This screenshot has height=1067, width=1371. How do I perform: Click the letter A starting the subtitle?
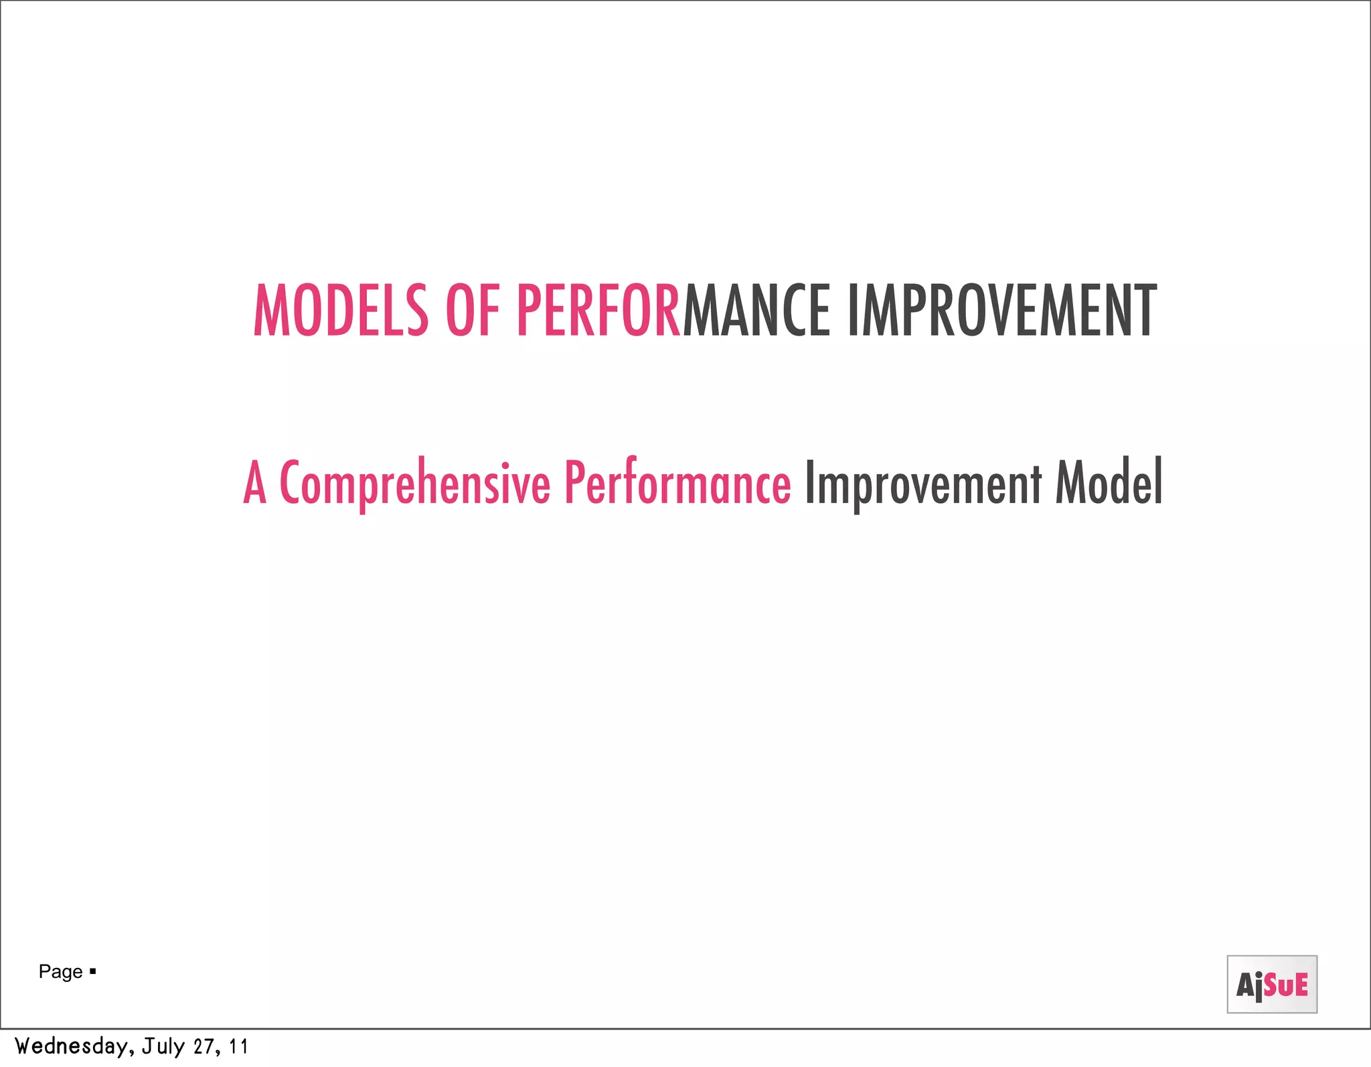(255, 482)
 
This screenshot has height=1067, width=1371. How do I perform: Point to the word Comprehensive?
(414, 484)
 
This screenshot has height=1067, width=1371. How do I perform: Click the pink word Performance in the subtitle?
(677, 482)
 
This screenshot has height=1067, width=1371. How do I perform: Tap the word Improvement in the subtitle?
(923, 484)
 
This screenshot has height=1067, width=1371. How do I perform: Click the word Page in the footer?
(60, 972)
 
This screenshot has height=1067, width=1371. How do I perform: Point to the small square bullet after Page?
(93, 971)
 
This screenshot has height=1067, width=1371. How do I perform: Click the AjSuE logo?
(1272, 985)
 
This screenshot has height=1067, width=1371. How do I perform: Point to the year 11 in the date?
(238, 1046)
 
